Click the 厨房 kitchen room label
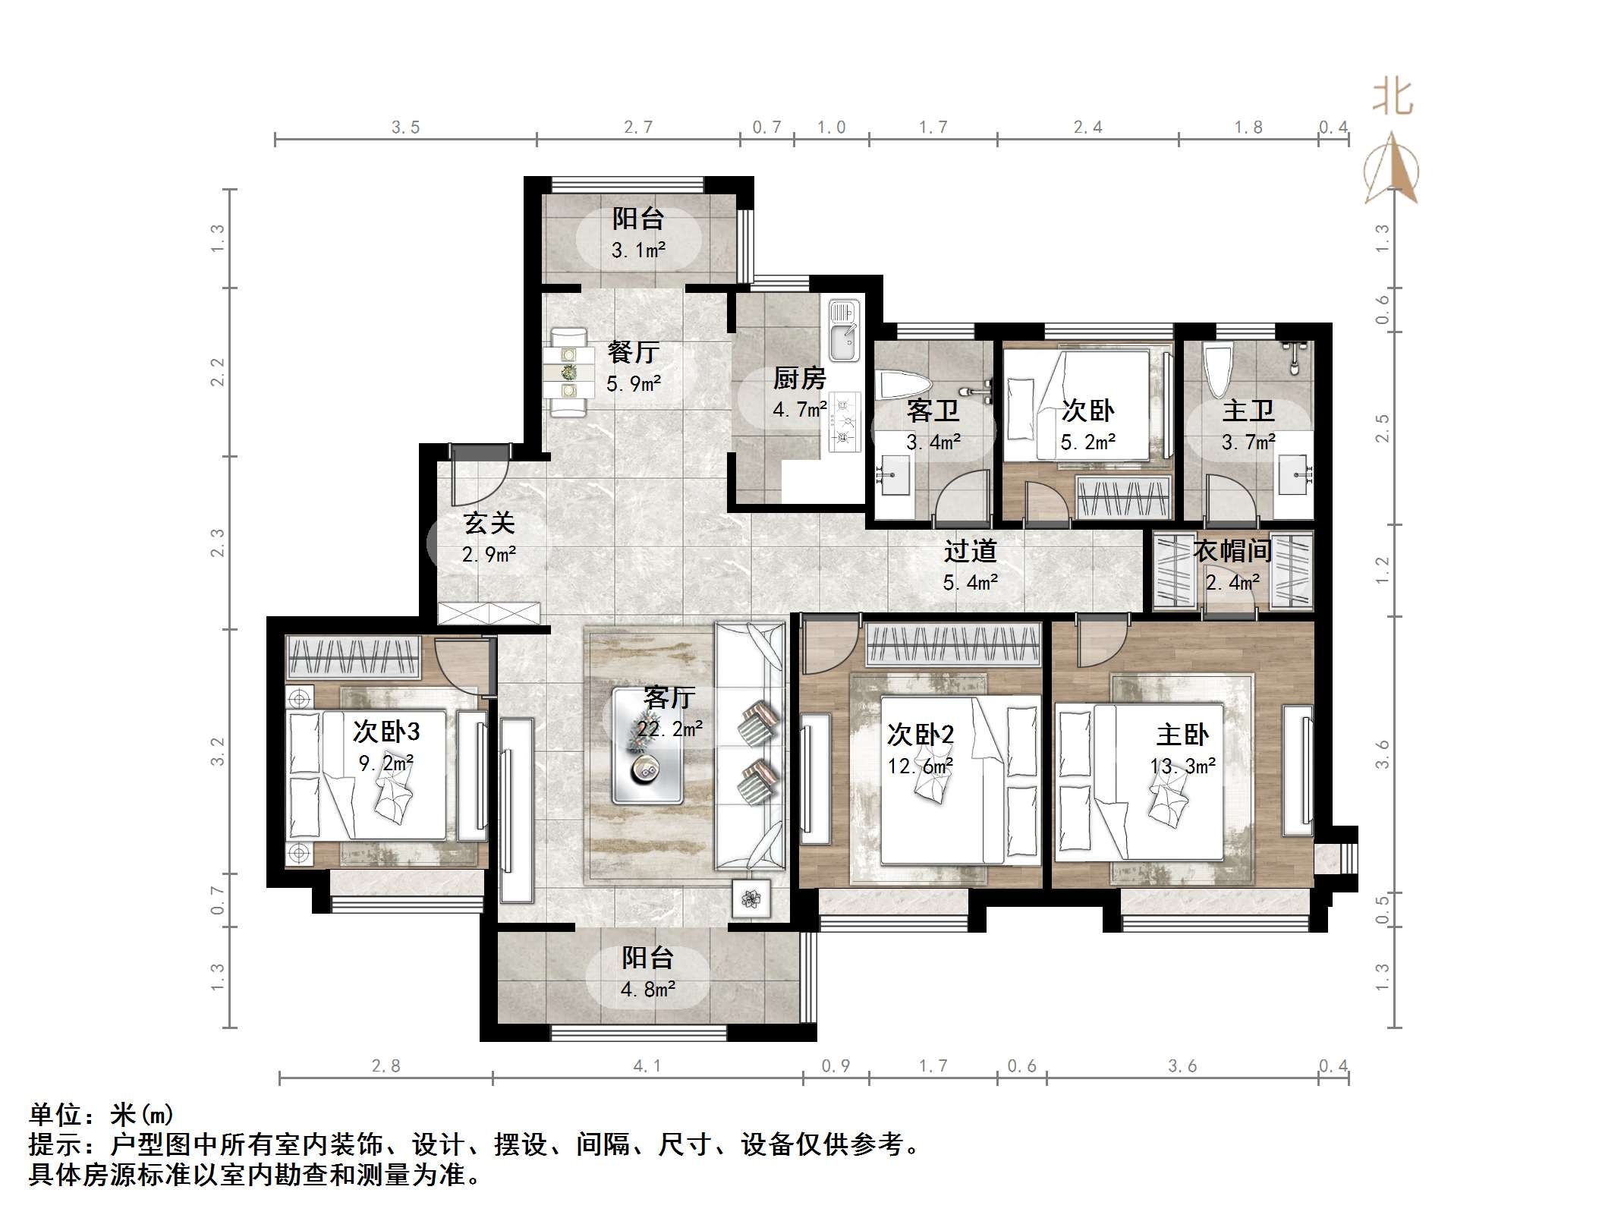click(x=799, y=378)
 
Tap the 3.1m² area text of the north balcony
click(x=638, y=250)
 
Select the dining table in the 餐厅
click(x=568, y=373)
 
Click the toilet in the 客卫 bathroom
click(x=902, y=386)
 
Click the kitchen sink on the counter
click(x=843, y=332)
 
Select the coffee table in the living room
click(x=647, y=744)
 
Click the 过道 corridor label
click(x=970, y=552)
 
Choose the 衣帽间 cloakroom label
click(x=1232, y=551)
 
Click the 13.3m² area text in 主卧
click(x=1182, y=766)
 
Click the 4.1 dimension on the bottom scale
click(x=647, y=1066)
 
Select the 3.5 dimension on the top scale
click(x=405, y=127)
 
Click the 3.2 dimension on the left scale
click(x=218, y=751)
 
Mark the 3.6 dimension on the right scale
click(x=1382, y=754)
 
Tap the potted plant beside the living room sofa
click(x=751, y=899)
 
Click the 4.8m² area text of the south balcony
click(x=647, y=990)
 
